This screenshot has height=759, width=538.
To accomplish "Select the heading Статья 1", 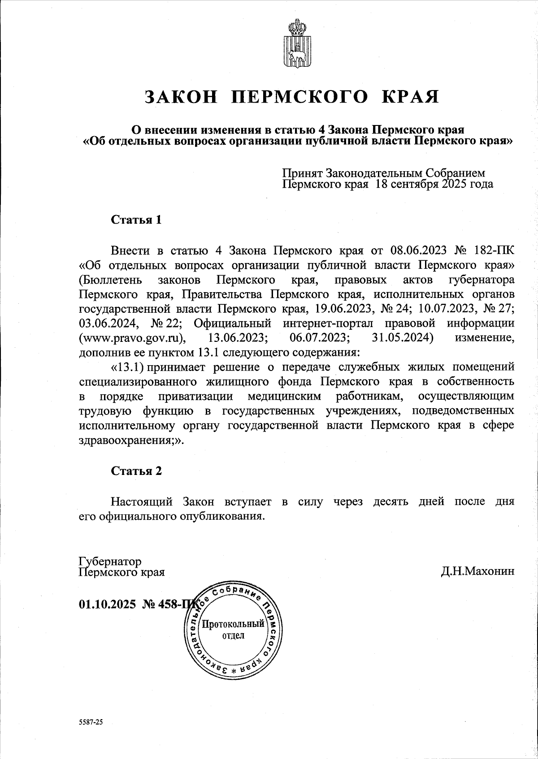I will click(x=136, y=220).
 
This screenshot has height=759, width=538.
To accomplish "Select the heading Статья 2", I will click(x=136, y=471).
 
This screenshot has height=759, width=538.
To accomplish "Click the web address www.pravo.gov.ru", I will click(x=132, y=337).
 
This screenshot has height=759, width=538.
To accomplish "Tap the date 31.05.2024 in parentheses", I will click(x=402, y=337).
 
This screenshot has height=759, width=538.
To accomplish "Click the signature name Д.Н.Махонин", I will click(x=477, y=572).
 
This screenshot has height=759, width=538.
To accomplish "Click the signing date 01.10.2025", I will click(x=107, y=604).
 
